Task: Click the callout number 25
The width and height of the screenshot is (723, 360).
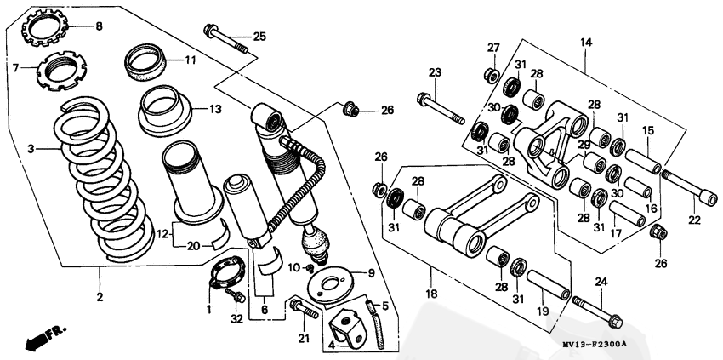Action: pyautogui.click(x=259, y=35)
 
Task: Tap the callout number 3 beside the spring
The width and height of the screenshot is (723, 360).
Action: pyautogui.click(x=31, y=149)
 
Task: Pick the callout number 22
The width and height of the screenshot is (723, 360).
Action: pyautogui.click(x=695, y=220)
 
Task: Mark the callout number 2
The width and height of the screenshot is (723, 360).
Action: pyautogui.click(x=100, y=297)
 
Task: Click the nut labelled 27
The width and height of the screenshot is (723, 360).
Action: pyautogui.click(x=492, y=75)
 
